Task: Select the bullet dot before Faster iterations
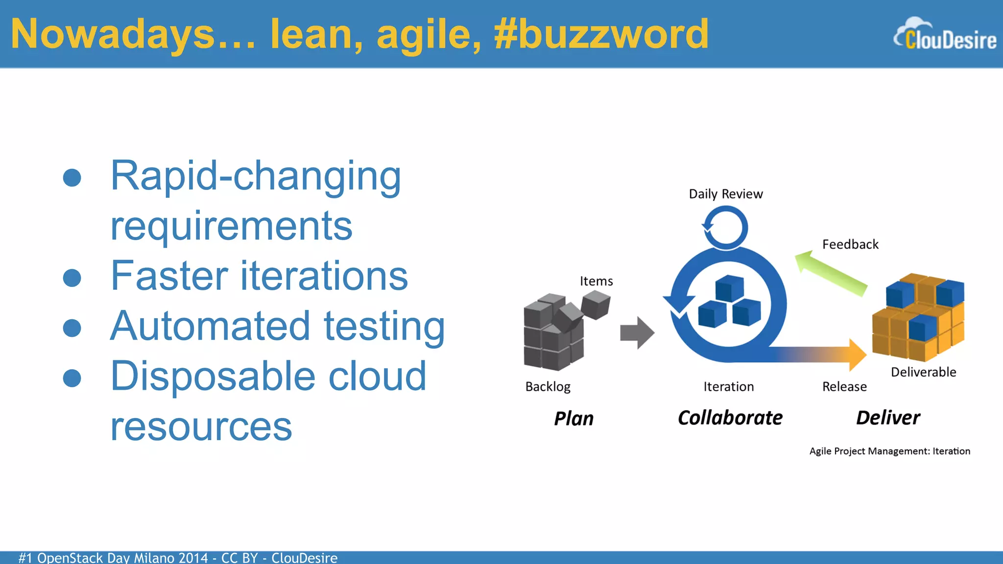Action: [72, 278]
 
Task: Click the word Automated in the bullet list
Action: [210, 326]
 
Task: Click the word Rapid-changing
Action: [255, 176]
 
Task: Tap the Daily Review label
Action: [725, 194]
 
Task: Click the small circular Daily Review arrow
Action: [725, 227]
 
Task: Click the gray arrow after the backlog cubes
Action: [637, 333]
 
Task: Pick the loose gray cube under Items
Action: [596, 304]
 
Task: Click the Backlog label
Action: [548, 387]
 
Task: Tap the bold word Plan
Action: [573, 419]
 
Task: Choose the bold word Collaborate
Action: [730, 418]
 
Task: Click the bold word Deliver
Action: [887, 418]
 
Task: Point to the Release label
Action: [844, 387]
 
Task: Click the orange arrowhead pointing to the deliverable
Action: [857, 354]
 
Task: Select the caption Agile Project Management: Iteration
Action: [889, 451]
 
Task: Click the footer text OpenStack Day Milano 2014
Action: [122, 558]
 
